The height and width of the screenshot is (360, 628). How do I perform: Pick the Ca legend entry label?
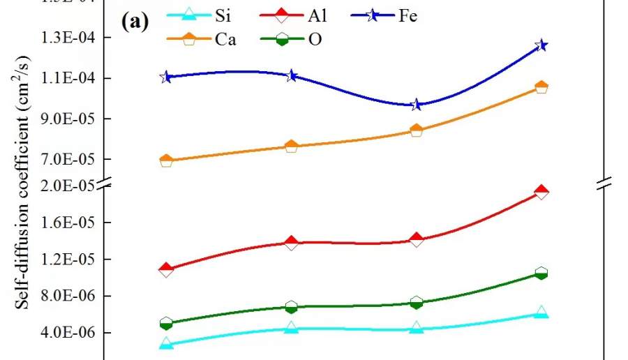coord(225,39)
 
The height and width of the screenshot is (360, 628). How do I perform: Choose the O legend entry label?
coord(315,39)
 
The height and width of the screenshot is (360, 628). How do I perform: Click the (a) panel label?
coord(135,22)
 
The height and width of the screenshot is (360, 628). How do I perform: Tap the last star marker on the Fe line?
coord(541,45)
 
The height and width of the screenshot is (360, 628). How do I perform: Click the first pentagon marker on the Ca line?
coord(166,161)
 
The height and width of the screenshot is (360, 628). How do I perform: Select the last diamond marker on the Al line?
coord(541,192)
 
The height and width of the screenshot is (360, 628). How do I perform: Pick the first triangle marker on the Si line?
coord(166,343)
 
